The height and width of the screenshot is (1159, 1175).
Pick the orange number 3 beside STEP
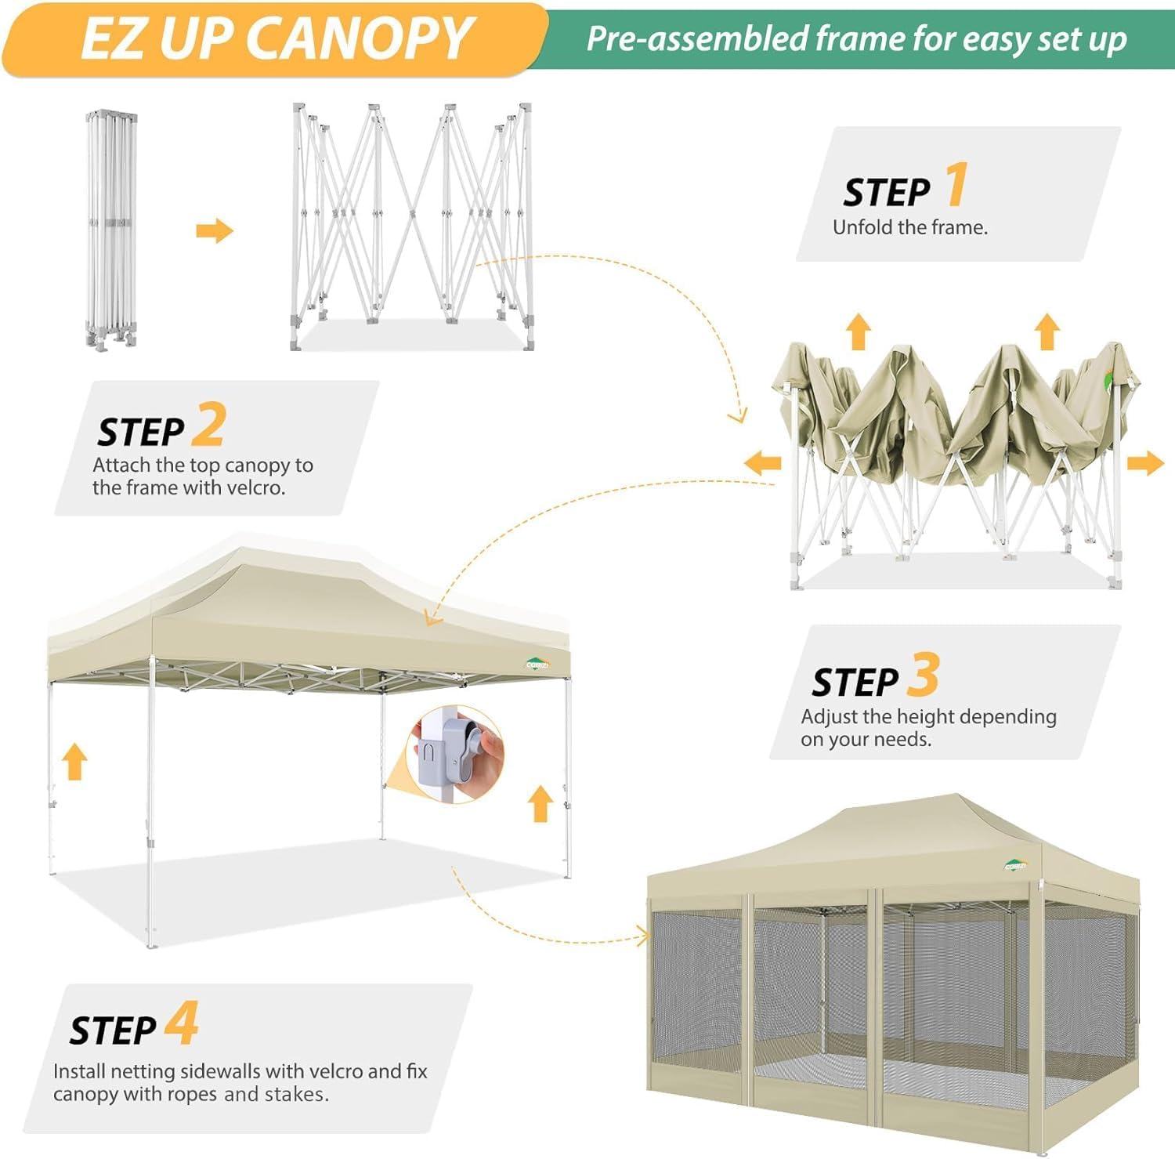(x=923, y=675)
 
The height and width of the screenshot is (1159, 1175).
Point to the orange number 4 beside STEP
(x=182, y=1023)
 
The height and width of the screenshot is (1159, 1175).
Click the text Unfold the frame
(x=909, y=227)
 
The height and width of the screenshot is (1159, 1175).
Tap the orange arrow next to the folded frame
(x=214, y=231)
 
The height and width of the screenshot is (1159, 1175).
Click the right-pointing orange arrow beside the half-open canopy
(x=1145, y=463)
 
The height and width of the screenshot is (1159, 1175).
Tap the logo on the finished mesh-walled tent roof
(x=1015, y=865)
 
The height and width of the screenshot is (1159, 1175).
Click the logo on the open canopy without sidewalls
(x=537, y=665)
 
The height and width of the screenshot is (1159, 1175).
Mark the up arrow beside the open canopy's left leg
(x=74, y=762)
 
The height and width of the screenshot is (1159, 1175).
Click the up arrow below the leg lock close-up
(x=540, y=804)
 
